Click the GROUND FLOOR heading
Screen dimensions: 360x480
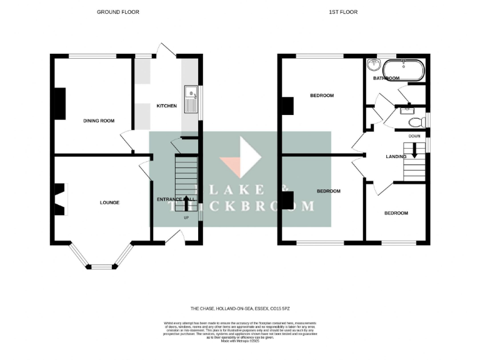pos(118,12)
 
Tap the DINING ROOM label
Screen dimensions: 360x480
pos(99,121)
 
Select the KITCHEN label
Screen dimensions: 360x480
pos(166,106)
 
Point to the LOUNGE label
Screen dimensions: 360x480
pos(109,202)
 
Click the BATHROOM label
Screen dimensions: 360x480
pos(386,78)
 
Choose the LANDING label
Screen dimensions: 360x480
pos(396,156)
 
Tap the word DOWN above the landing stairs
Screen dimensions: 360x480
pos(414,136)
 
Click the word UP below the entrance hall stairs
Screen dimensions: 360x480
pos(186,217)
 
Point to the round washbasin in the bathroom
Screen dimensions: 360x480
pos(375,65)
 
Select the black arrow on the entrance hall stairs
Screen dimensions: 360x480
pos(186,202)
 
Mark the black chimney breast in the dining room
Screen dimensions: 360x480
pos(60,103)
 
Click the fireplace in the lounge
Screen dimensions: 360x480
pos(58,199)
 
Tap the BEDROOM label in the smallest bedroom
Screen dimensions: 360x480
pos(396,213)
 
